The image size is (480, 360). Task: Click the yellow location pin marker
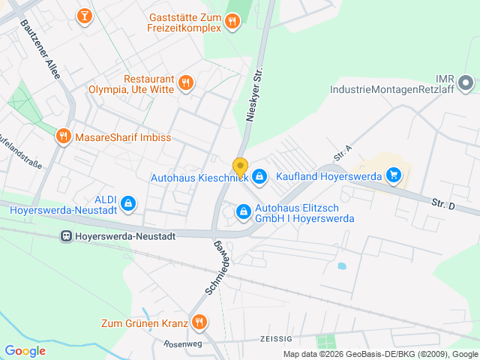240,166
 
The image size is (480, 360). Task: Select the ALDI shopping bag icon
128,202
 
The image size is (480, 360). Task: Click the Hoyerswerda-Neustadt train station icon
67,235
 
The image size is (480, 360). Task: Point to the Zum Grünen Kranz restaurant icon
199,323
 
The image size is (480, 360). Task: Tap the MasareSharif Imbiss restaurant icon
63,136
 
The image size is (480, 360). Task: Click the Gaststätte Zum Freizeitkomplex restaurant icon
232,22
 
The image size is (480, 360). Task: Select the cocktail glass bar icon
85,15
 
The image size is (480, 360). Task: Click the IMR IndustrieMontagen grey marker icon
465,82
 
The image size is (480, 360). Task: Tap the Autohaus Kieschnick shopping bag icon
259,177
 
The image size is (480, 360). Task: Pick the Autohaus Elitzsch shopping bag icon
244,212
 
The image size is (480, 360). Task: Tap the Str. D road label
443,203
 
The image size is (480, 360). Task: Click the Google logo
25,351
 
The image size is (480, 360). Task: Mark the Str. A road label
343,154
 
